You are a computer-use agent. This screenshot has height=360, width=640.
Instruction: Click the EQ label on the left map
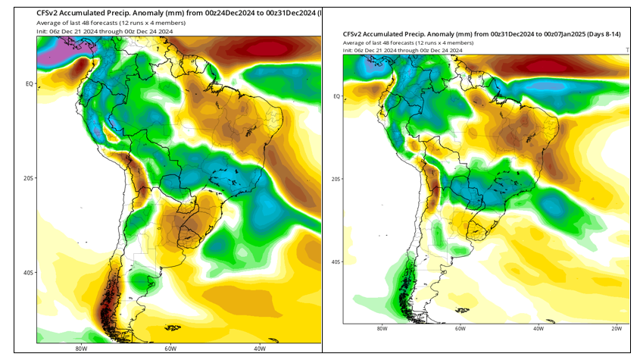pyautogui.click(x=29, y=84)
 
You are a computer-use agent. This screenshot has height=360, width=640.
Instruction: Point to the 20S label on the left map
pyautogui.click(x=28, y=178)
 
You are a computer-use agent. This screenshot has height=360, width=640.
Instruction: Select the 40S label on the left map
pyautogui.click(x=28, y=272)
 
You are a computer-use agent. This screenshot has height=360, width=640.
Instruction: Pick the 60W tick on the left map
pyautogui.click(x=170, y=349)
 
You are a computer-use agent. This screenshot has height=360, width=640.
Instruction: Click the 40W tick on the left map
pyautogui.click(x=260, y=349)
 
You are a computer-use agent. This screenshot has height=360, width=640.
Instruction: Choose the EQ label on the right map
pyautogui.click(x=336, y=96)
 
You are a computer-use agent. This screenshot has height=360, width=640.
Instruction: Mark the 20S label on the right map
pyautogui.click(x=336, y=179)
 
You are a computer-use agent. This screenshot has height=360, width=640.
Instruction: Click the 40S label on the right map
pyautogui.click(x=336, y=261)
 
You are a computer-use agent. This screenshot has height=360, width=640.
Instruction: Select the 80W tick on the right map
pyautogui.click(x=382, y=328)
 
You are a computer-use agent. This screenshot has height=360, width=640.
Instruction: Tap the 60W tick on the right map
pyautogui.click(x=460, y=328)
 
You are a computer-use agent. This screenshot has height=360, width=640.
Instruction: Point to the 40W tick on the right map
pyautogui.click(x=539, y=328)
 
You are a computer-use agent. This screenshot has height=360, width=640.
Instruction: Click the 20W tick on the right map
pyautogui.click(x=617, y=328)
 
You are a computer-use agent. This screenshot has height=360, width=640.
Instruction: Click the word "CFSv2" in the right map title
pyautogui.click(x=354, y=34)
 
